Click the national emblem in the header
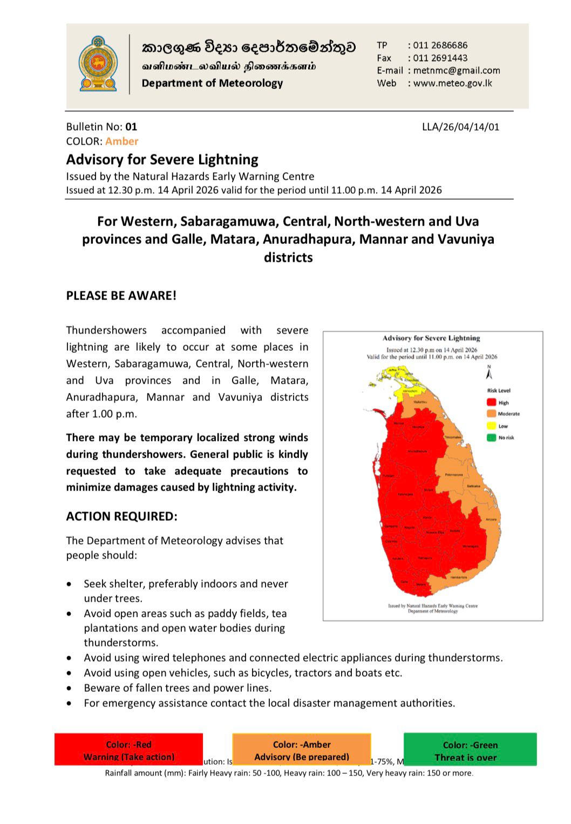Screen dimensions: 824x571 98,64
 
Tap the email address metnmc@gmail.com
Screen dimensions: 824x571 457,70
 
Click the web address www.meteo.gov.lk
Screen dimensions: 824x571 452,83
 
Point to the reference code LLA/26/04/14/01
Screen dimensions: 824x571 460,127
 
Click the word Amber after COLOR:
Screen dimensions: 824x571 122,141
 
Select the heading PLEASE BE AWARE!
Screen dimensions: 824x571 121,296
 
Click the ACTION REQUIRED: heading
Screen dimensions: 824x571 121,516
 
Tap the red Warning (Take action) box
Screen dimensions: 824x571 128,749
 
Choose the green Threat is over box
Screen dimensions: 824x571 470,750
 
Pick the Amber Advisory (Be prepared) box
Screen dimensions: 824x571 302,749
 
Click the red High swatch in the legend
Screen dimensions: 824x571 492,403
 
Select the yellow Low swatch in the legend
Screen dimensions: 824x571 492,426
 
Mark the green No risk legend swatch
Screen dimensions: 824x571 492,438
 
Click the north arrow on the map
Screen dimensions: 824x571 489,373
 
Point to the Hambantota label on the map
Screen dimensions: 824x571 458,577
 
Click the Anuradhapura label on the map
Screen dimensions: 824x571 417,451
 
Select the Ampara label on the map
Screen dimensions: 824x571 491,519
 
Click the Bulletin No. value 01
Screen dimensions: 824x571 131,127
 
